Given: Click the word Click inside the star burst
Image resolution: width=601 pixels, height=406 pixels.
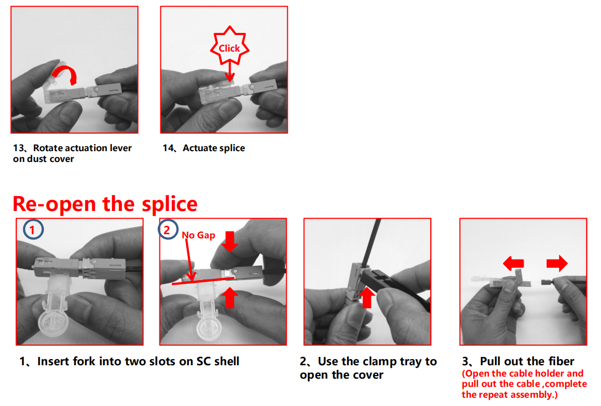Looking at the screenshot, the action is coord(229,48).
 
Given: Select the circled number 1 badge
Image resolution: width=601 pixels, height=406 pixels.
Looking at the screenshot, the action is coord(33,229).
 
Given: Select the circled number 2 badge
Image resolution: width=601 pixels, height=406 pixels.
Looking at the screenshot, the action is coord(168,229).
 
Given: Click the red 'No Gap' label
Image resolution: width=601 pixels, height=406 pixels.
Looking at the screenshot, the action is coord(198,235).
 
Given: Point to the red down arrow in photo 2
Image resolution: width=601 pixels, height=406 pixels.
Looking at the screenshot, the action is coord(230,241).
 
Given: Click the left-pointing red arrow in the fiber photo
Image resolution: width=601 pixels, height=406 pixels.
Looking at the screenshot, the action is coord(513,264).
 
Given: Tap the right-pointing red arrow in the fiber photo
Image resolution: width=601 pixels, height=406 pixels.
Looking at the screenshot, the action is coord(557,264).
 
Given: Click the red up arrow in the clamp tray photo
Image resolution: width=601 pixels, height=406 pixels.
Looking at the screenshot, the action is coord(367,298).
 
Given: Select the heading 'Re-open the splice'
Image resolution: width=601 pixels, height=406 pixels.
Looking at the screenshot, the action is coord(105,204).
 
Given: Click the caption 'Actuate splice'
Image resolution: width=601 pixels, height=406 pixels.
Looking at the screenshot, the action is coord(214,148).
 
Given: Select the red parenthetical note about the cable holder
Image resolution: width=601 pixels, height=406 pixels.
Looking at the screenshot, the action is coord(524,384).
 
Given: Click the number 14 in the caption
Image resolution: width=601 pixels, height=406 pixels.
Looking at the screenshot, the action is coord(168,148).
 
